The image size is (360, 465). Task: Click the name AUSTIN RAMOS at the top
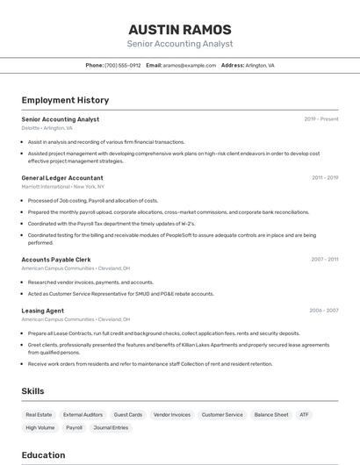[180, 30]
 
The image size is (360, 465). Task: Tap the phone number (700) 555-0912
[123, 65]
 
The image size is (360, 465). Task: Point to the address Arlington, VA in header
[259, 65]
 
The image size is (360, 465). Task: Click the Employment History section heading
[65, 100]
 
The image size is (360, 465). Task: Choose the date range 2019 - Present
[321, 119]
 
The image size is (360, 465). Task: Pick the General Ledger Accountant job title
[62, 178]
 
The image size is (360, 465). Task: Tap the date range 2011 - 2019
[325, 178]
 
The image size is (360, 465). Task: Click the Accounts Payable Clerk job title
[56, 260]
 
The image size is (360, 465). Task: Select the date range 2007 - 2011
[325, 260]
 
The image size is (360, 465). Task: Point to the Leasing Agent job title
[43, 311]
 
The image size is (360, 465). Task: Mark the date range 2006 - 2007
[324, 311]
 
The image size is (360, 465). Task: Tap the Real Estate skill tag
[39, 414]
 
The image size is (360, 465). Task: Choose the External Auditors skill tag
[83, 414]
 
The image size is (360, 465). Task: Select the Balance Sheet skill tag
[271, 414]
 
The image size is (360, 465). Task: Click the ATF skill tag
[304, 414]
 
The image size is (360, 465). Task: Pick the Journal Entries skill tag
[112, 427]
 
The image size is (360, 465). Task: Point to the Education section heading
[44, 454]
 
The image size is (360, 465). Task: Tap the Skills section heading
[33, 390]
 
